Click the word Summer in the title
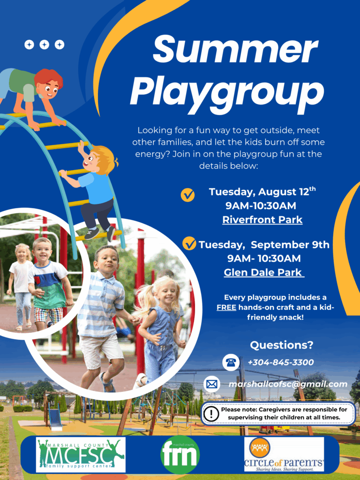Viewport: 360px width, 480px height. [235, 49]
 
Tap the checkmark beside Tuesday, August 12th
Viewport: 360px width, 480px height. [187, 195]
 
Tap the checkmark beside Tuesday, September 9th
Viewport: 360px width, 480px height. [189, 244]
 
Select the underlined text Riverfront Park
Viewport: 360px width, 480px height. [262, 220]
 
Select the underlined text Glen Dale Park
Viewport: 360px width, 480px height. [263, 272]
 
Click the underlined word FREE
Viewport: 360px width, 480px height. [226, 307]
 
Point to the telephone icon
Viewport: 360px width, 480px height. [231, 362]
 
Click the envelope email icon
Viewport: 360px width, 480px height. [211, 384]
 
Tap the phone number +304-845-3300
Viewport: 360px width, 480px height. [281, 362]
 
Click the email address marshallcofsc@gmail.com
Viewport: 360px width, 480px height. [288, 384]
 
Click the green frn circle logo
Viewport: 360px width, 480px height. [180, 455]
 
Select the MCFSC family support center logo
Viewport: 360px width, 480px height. [81, 455]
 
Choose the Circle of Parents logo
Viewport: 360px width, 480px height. [284, 454]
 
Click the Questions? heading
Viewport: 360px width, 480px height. [282, 345]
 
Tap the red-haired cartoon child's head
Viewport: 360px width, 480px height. [48, 83]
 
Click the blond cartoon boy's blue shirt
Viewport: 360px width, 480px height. [96, 188]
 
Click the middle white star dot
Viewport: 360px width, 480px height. [45, 45]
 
